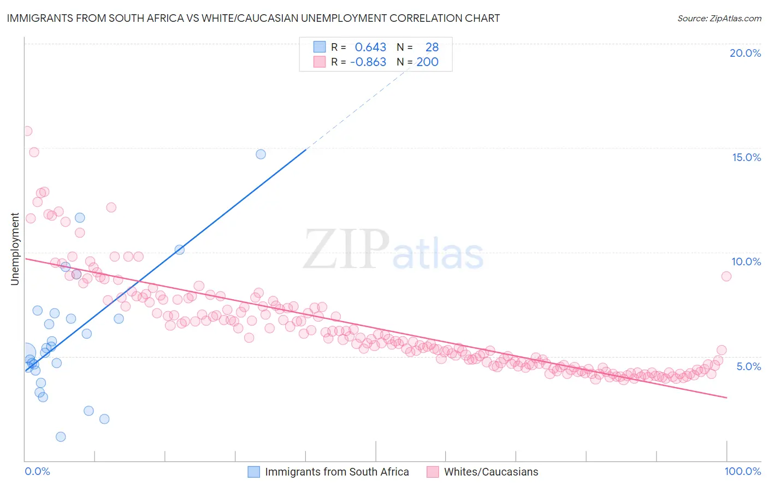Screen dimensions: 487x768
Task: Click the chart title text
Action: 253,18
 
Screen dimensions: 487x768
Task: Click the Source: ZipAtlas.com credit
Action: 719,18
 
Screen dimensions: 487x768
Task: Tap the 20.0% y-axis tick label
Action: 745,53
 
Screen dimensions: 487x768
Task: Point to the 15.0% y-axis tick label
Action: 746,157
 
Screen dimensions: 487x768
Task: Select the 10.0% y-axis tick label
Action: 746,262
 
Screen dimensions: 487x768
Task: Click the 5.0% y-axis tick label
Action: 748,366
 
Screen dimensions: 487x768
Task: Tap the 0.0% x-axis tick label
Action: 37,471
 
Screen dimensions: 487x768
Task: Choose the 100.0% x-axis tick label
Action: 742,471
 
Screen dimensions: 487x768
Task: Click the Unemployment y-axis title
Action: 15,249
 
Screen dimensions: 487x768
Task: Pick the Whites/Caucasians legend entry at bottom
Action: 491,472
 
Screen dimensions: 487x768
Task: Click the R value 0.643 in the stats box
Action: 370,47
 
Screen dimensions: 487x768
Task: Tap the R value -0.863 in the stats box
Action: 368,62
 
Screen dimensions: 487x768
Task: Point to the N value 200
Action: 427,62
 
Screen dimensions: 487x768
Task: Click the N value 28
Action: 432,47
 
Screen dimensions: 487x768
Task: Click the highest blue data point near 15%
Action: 261,155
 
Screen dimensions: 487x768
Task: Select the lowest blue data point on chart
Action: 61,437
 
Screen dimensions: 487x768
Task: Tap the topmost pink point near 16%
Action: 27,131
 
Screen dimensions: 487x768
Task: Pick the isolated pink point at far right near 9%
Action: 726,276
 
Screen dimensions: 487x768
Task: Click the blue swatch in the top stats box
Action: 320,47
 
